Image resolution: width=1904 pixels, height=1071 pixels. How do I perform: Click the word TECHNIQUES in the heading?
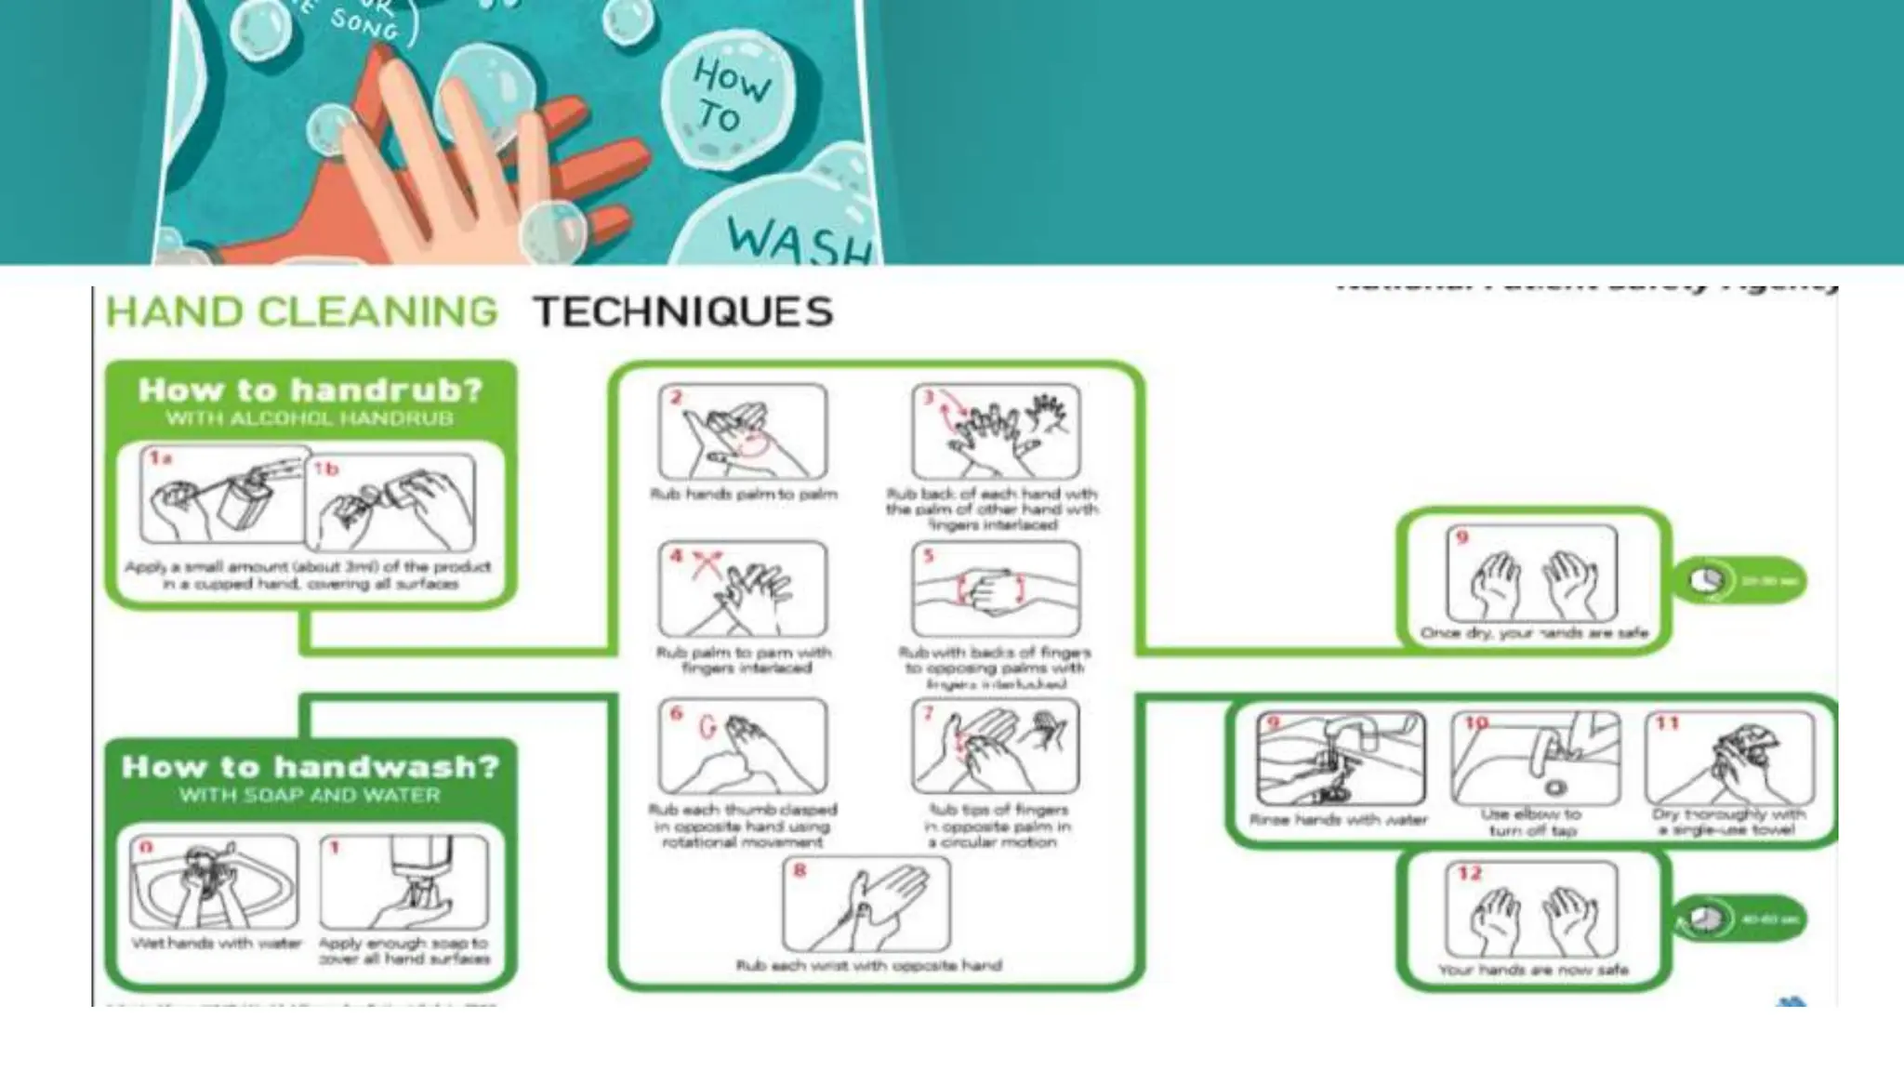tap(683, 312)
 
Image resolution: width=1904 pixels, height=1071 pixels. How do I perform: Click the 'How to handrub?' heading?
tap(311, 390)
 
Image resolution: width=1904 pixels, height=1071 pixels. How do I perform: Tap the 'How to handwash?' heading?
tap(311, 767)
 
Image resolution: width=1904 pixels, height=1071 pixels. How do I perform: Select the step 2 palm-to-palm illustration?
tap(742, 431)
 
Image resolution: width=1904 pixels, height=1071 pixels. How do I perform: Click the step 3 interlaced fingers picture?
tap(996, 431)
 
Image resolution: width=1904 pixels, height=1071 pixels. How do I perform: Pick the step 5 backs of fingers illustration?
tap(996, 589)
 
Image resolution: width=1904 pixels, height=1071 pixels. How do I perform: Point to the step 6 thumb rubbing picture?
tap(742, 747)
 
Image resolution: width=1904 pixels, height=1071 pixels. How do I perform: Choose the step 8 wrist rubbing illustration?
tap(866, 904)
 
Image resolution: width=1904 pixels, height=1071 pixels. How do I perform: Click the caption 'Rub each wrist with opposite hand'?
tap(868, 966)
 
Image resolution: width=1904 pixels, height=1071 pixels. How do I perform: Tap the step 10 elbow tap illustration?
tap(1535, 759)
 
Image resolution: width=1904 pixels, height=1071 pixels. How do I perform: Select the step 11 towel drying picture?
tap(1729, 759)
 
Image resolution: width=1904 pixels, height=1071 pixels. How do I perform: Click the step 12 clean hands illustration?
tap(1532, 909)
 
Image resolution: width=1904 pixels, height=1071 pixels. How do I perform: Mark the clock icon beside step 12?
tap(1704, 919)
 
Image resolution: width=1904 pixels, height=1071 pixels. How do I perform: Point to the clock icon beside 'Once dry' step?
tap(1706, 581)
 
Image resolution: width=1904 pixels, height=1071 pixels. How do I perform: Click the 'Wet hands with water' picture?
tap(214, 881)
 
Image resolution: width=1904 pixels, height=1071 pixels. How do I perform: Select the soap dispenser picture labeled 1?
tap(403, 881)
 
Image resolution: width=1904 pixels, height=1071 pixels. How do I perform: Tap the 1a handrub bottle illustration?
tap(223, 495)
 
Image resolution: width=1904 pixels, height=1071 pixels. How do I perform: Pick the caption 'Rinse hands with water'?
tap(1338, 820)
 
